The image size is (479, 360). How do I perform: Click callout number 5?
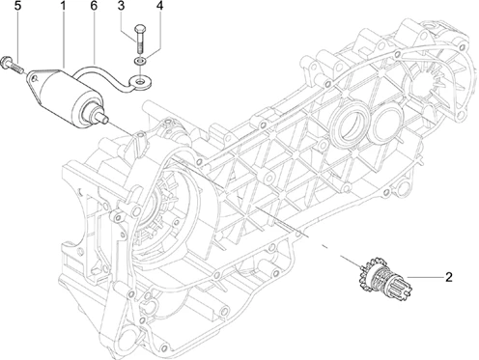pos(17,6)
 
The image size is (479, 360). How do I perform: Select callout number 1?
pos(64,6)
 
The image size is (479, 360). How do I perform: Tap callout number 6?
pos(94,6)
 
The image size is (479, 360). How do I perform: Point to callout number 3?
pos(121,6)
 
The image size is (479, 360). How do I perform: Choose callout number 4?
pos(159,6)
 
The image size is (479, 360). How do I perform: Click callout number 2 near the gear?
pos(449,277)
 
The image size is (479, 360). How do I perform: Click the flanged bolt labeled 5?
pos(13,64)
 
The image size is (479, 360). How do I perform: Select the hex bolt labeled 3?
pos(140,38)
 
